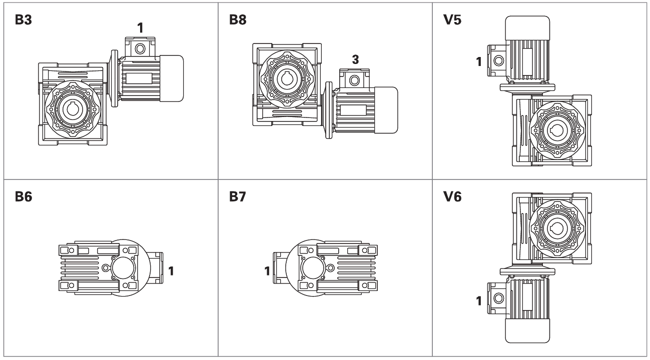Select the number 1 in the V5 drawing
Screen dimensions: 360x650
pyautogui.click(x=479, y=62)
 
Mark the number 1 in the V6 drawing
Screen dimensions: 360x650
pyautogui.click(x=479, y=301)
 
